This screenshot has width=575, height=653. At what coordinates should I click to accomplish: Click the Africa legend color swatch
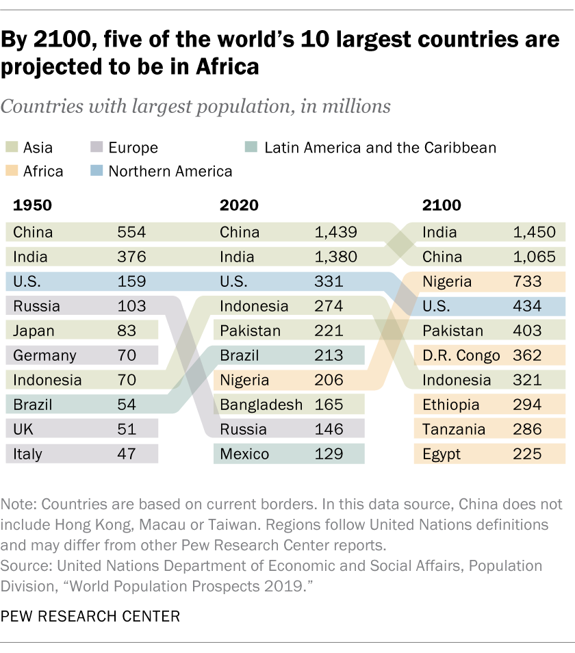12,171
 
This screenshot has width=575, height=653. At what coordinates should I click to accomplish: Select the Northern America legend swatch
97,171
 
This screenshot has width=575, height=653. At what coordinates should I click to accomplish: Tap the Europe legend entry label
133,148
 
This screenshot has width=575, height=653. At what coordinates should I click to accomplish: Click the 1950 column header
32,205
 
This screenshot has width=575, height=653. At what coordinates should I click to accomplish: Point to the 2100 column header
442,205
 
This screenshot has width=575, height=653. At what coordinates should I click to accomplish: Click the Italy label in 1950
27,454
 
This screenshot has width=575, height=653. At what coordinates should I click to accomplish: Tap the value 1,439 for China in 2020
335,232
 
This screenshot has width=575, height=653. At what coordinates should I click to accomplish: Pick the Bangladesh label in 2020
261,405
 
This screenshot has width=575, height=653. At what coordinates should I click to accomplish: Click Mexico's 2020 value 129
329,454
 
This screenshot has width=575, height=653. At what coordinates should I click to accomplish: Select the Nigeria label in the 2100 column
447,281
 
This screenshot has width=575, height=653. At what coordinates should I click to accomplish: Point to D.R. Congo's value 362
527,355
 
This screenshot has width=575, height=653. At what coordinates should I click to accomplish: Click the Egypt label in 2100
442,454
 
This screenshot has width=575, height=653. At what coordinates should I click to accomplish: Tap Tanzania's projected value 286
527,429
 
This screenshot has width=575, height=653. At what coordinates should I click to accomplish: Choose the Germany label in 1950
44,355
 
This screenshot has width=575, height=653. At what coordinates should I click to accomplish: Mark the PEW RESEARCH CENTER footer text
90,616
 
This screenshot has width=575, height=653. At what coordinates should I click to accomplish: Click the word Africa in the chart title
225,67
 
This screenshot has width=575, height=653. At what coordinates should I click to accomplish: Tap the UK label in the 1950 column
23,429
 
